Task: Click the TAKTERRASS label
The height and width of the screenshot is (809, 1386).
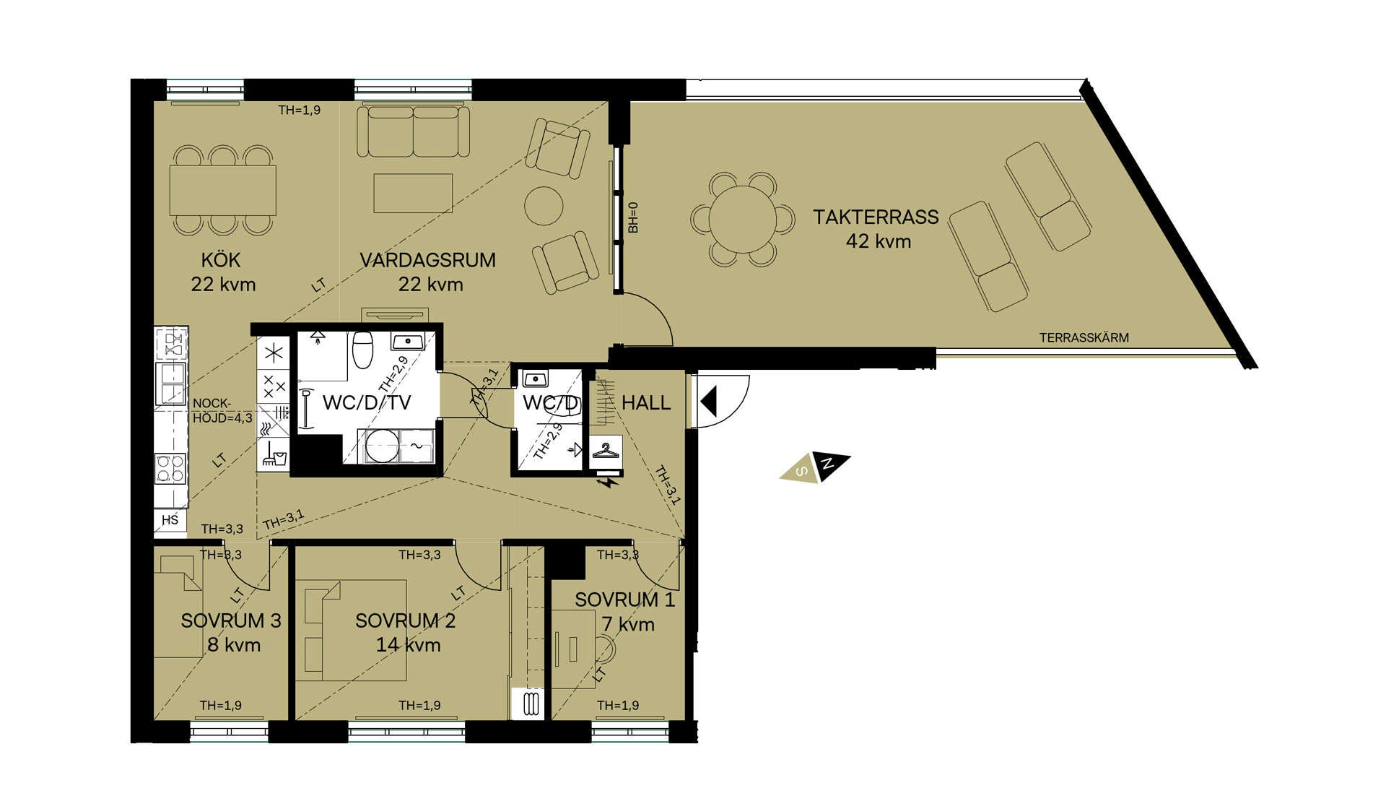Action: (876, 217)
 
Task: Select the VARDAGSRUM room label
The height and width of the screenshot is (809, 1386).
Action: (427, 260)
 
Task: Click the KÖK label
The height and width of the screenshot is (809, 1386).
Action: (221, 260)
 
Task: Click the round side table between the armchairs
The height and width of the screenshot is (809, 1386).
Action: (544, 206)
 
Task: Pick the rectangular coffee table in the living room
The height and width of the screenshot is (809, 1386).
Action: (413, 193)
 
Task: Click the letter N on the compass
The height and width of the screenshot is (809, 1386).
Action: (829, 464)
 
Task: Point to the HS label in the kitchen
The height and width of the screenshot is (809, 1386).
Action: (170, 520)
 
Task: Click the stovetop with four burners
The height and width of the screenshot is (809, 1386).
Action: (171, 468)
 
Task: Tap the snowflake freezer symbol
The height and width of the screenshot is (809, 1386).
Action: (274, 354)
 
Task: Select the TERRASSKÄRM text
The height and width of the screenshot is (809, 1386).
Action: (1084, 337)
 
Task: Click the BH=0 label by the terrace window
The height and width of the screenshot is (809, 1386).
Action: (633, 217)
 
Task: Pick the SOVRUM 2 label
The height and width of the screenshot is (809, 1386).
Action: (406, 620)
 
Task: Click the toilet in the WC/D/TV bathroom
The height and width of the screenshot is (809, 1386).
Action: (362, 350)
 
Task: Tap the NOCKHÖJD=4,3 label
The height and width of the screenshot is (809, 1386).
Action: (222, 410)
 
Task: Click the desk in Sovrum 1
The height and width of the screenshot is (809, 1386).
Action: (574, 648)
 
